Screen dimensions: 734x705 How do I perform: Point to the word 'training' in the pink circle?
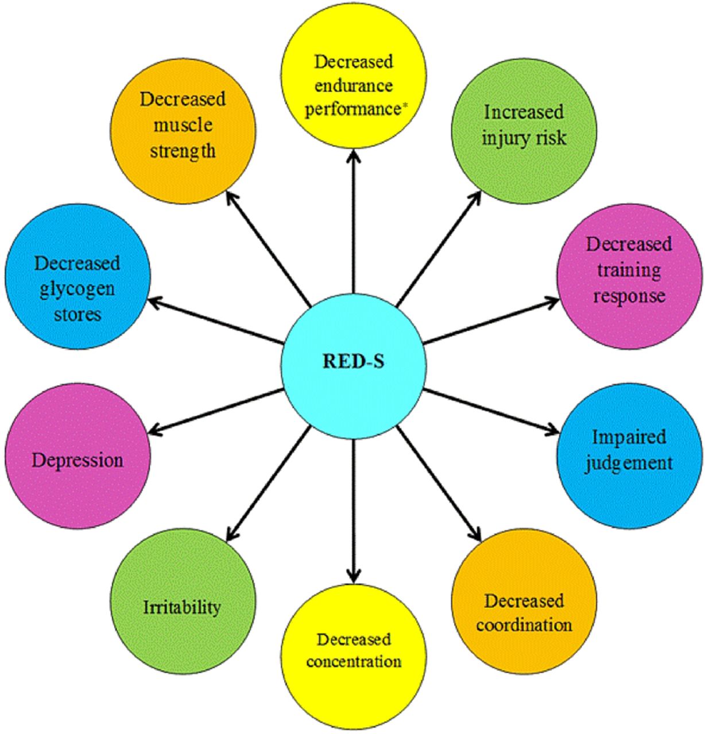tap(629, 270)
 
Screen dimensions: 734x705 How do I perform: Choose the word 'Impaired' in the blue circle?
tap(629, 437)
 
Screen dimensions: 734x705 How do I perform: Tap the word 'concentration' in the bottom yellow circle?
tap(354, 661)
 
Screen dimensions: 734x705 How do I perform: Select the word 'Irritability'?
tap(182, 607)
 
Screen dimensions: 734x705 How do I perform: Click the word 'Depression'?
tap(78, 460)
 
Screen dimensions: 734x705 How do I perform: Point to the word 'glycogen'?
tap(77, 288)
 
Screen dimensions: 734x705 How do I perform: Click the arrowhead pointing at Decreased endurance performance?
tap(354, 154)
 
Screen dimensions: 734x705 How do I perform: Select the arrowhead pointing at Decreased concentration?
tap(354, 575)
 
